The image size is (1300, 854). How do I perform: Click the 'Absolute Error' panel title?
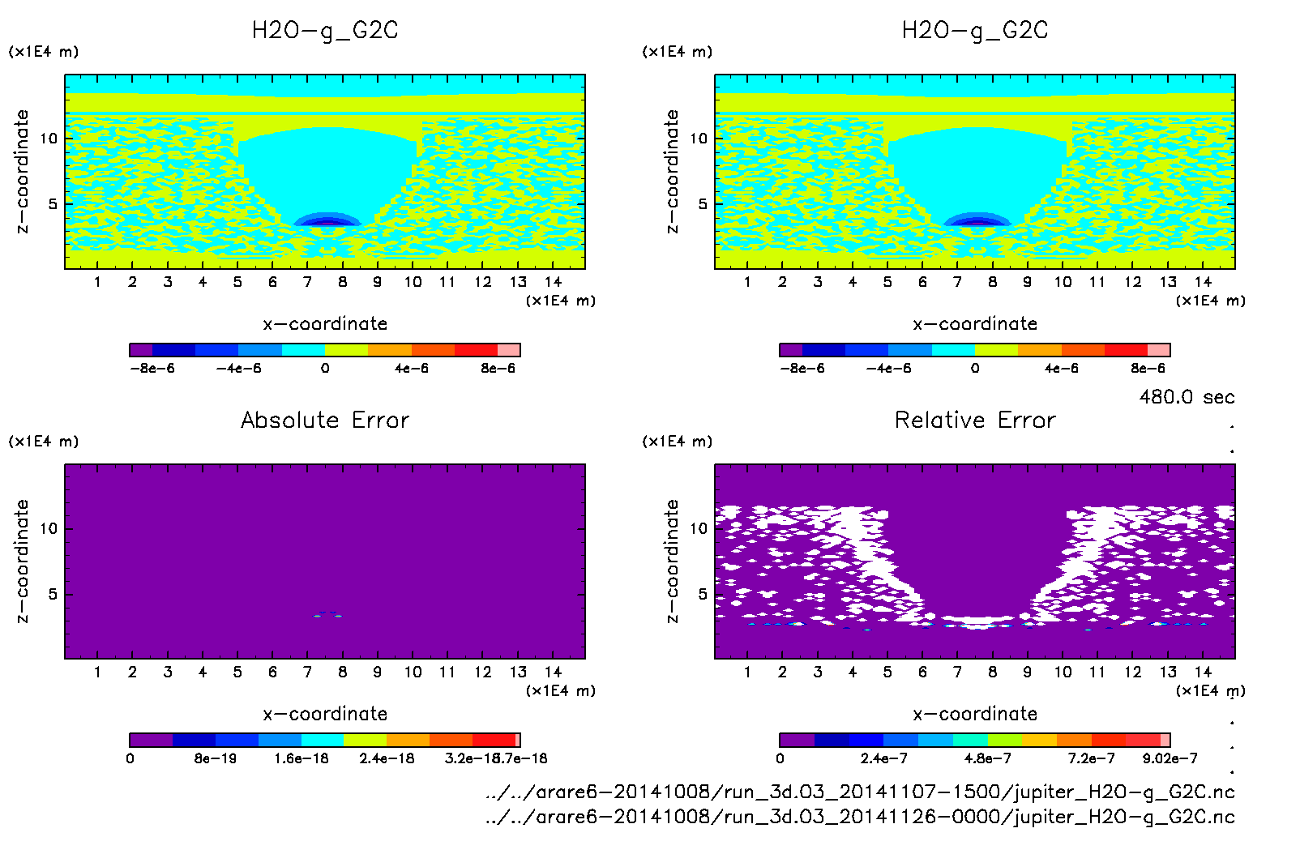325,420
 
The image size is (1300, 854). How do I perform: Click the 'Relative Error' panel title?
975,420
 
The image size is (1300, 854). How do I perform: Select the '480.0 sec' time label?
1187,397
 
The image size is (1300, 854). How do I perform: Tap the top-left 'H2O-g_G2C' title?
325,31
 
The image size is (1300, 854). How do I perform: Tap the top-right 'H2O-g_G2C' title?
975,31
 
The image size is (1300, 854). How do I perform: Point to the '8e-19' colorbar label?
216,758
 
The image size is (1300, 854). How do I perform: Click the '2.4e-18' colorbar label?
387,758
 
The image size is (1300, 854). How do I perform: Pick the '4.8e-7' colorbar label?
987,758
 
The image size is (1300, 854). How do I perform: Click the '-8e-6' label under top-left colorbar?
153,369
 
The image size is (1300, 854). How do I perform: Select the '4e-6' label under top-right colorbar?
1061,369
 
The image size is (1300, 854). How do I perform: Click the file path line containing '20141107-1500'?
860,792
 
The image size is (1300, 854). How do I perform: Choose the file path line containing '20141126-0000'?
860,817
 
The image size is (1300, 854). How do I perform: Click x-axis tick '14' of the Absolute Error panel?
553,672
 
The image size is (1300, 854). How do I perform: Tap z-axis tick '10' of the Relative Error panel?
699,528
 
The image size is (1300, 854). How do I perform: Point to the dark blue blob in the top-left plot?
327,220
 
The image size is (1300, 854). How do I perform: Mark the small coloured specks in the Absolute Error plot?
327,616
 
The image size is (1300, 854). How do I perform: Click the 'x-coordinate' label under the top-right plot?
975,324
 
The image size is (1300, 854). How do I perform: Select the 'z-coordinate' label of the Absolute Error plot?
23,561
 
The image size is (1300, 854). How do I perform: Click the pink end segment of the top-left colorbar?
509,350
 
